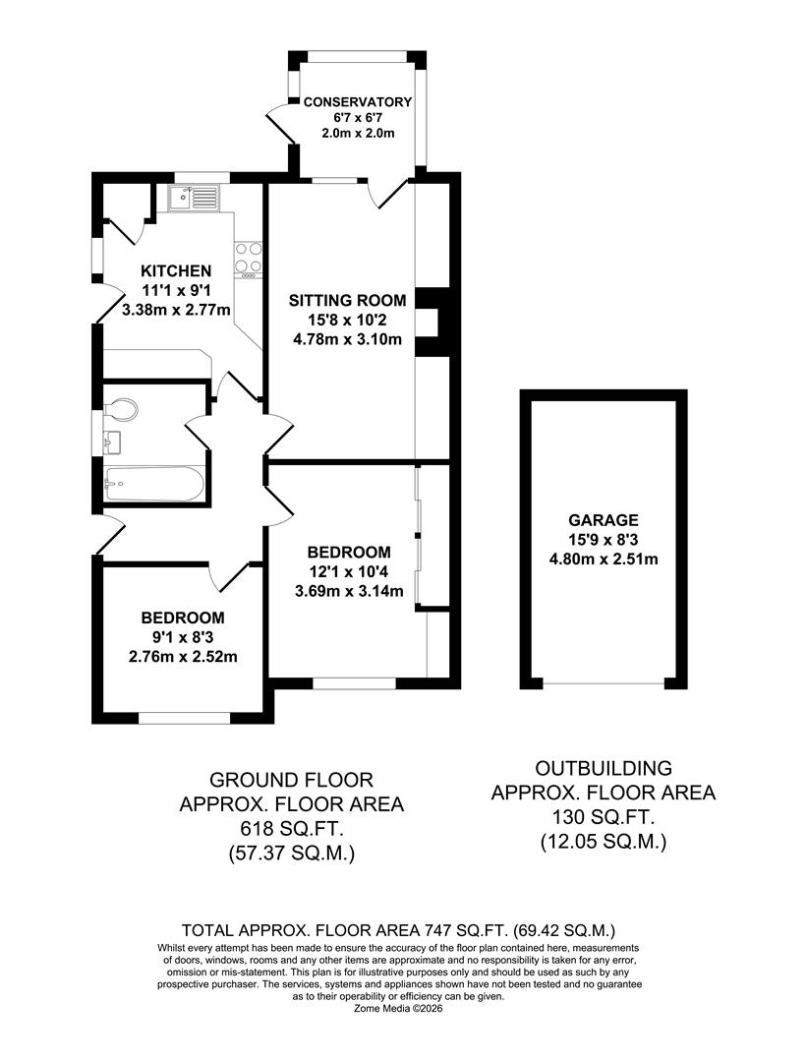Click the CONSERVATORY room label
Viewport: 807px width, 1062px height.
point(357,101)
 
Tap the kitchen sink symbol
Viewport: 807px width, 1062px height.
point(195,200)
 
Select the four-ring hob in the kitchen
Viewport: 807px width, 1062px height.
point(248,258)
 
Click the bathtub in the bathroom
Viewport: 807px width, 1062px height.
point(154,483)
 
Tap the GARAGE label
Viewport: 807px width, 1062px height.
point(603,520)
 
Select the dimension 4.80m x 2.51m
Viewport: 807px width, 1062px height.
point(604,560)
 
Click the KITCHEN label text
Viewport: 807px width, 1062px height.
point(176,271)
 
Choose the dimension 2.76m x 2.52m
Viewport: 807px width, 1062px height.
point(182,657)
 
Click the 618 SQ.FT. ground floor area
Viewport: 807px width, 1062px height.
point(291,829)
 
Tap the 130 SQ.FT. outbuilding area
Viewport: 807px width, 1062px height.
point(604,816)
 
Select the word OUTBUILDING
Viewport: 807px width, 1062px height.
point(604,767)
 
